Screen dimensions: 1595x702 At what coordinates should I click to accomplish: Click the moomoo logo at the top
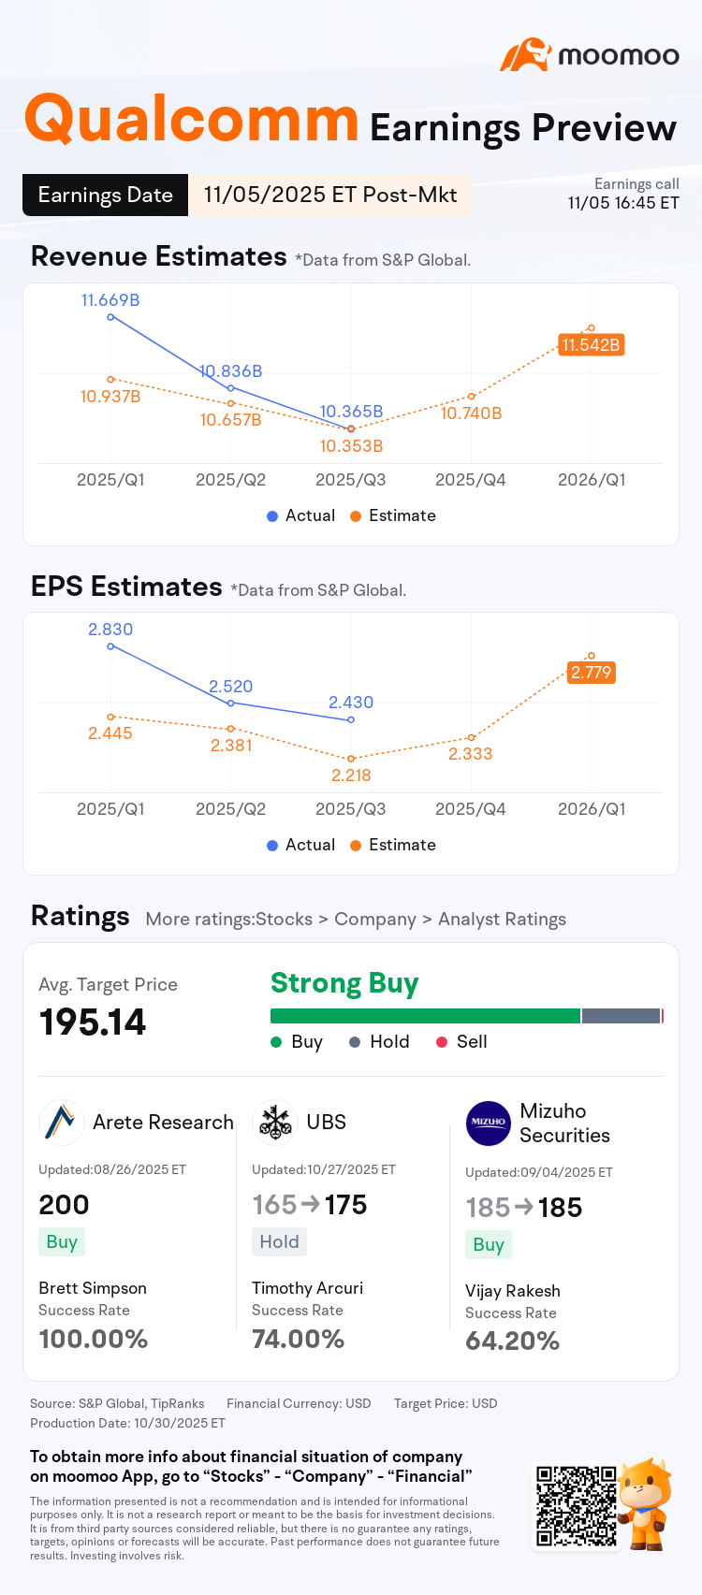pos(590,55)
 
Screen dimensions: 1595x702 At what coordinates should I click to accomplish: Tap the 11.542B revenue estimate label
pos(591,345)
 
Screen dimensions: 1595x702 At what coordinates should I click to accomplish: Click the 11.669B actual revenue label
pos(110,300)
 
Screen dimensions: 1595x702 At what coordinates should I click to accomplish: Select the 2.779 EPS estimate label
pos(591,673)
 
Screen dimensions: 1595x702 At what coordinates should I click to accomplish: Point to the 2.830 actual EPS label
pos(110,630)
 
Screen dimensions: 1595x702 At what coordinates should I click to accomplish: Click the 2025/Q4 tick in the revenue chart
pos(471,480)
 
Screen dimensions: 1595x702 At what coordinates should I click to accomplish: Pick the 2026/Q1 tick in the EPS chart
pos(592,809)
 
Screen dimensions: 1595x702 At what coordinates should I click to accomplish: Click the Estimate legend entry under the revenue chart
pos(393,515)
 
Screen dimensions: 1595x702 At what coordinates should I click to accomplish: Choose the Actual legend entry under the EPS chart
pos(300,845)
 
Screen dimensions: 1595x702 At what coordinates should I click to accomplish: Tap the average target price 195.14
pos(93,1022)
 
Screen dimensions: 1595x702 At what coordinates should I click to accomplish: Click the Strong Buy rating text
pos(344,983)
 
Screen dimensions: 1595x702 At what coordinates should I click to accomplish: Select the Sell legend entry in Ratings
pos(461,1042)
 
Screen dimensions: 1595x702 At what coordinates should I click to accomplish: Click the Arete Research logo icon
pos(61,1123)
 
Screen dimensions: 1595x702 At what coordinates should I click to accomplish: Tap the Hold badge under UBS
pos(279,1241)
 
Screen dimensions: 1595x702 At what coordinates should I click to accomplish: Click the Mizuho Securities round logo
pos(489,1124)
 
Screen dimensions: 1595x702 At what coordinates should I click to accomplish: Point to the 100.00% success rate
pos(94,1339)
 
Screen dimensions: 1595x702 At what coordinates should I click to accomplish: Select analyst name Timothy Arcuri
pos(307,1288)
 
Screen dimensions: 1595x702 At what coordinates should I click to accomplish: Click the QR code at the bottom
pos(577,1506)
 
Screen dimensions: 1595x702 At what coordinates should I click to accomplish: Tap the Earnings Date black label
pos(105,196)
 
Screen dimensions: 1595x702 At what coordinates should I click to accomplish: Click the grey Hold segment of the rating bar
pos(621,1016)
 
